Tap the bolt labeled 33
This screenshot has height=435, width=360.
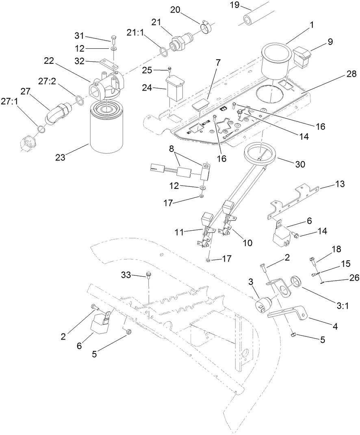(x=149, y=276)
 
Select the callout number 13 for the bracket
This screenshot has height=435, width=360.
(x=339, y=184)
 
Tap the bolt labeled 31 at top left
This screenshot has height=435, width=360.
(x=113, y=39)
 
